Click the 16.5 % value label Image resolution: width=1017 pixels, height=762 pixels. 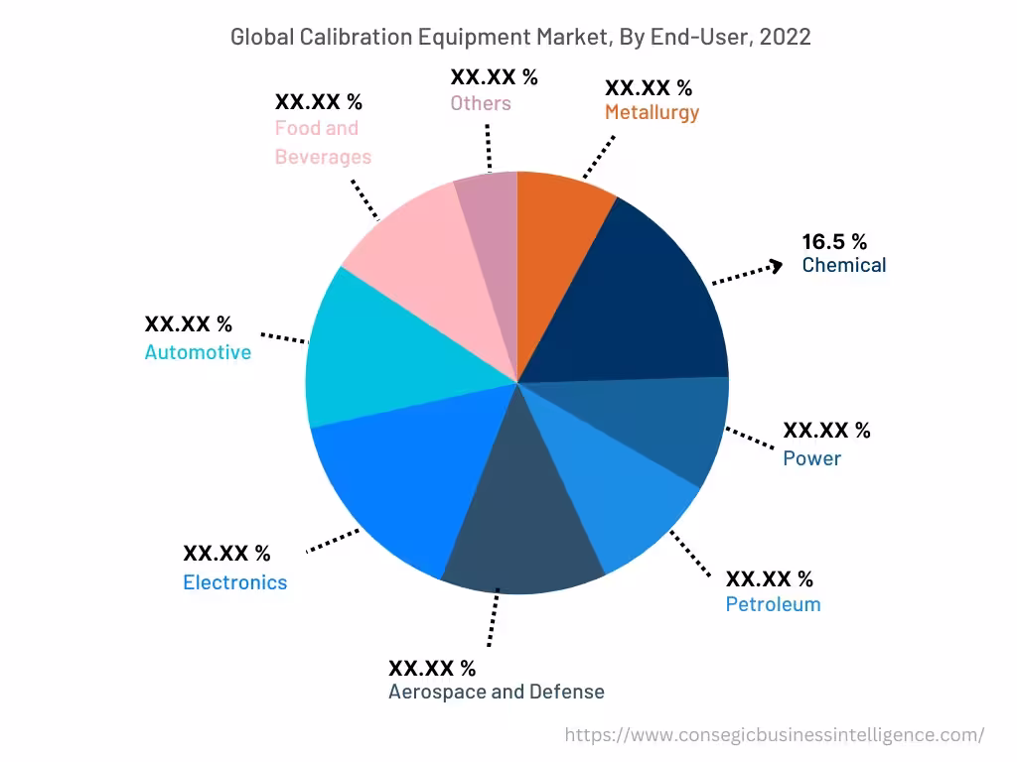coord(834,241)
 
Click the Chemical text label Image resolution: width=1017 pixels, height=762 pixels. coord(844,265)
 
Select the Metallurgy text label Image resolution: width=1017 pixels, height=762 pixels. coord(652,112)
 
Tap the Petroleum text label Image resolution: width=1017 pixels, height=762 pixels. coord(773,604)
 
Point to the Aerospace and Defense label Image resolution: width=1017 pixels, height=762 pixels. coord(496,692)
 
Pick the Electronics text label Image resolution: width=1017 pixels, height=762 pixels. coord(234,582)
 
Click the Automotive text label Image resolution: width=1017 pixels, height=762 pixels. coord(198,352)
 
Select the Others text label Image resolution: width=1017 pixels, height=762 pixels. coord(481,103)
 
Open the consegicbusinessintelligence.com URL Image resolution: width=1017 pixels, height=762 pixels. coord(775,735)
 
